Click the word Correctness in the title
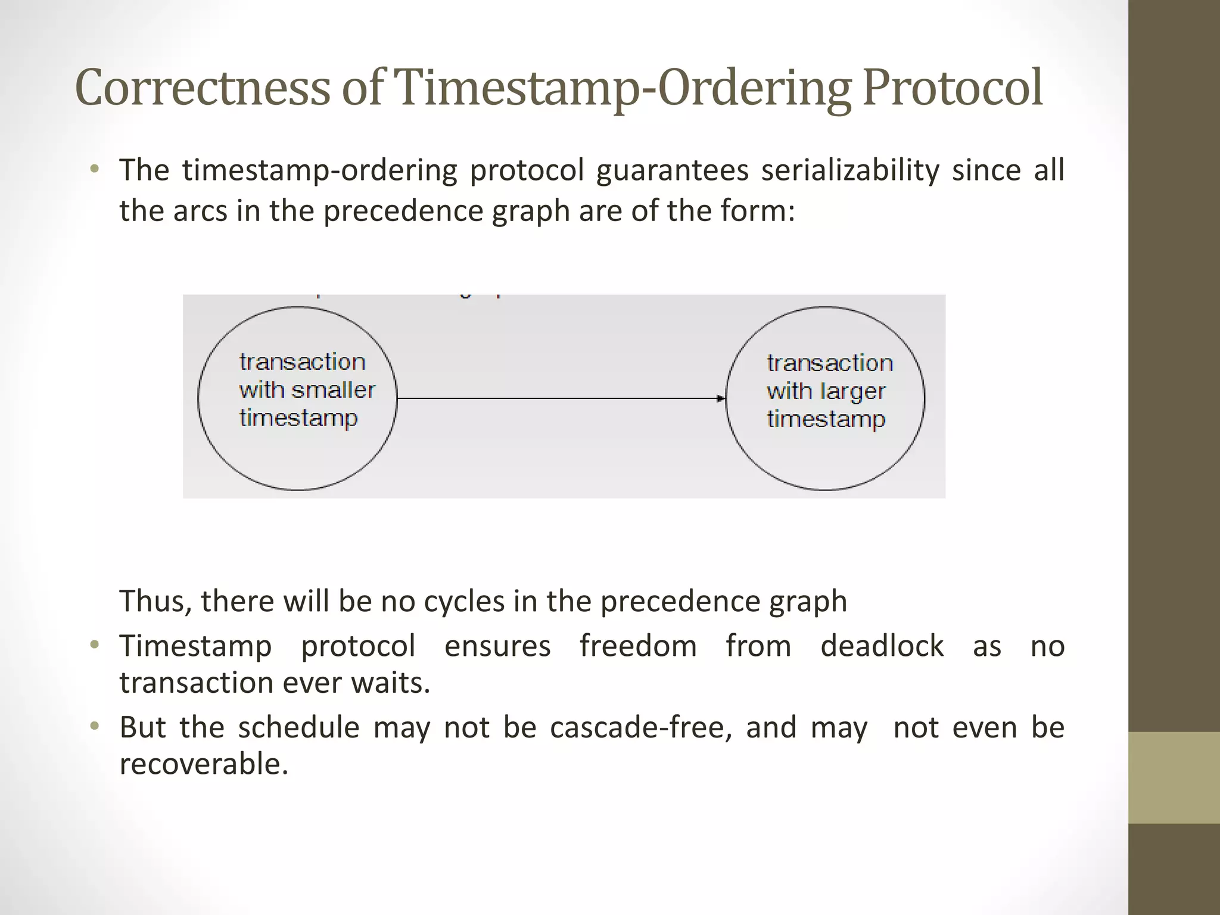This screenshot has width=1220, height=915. (x=203, y=88)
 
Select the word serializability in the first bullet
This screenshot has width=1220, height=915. (x=849, y=170)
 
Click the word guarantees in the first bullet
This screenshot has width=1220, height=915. (x=671, y=170)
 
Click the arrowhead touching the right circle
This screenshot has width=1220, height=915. (x=721, y=398)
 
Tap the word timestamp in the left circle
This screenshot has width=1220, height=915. (x=298, y=418)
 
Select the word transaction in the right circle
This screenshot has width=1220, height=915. (x=829, y=363)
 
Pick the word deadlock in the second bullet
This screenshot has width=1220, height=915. (x=882, y=646)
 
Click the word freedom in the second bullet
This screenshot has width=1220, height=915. (x=637, y=646)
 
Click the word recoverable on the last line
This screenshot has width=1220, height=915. (x=203, y=764)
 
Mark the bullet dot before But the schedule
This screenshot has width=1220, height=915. (x=94, y=727)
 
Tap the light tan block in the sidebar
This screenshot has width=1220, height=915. (x=1174, y=777)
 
